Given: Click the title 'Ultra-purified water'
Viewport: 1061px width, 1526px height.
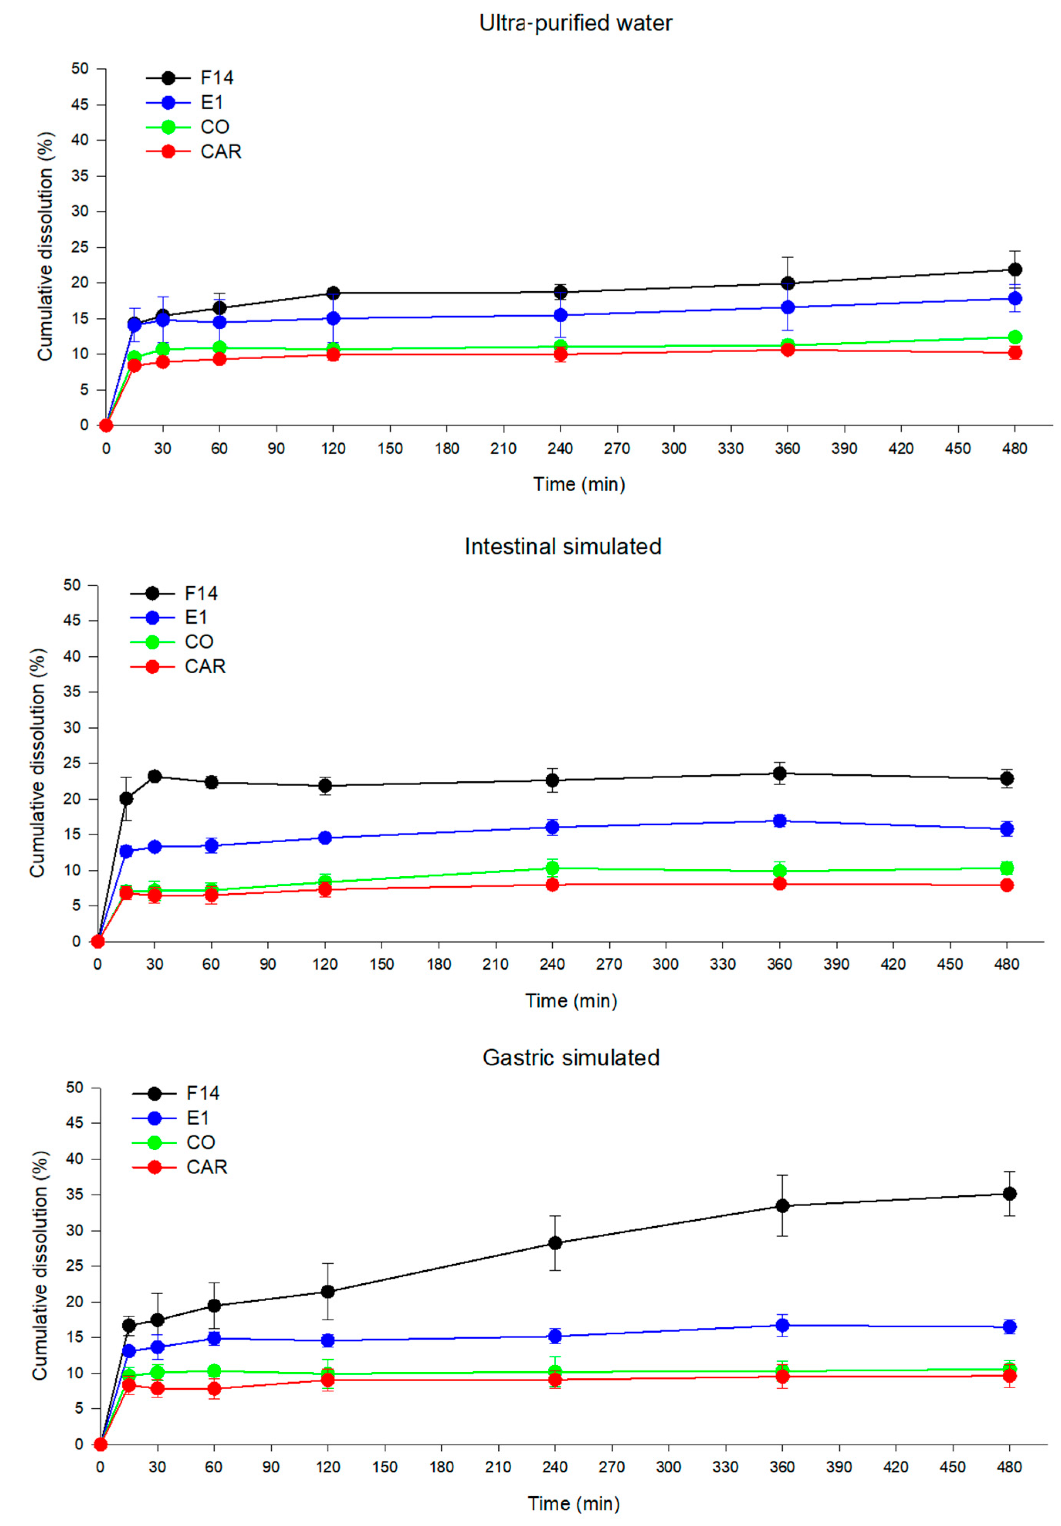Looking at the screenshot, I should pos(576,23).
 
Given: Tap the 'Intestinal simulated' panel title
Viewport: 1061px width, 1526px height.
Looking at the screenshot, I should pos(563,546).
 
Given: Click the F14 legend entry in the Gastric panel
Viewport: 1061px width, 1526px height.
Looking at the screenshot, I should pos(202,1093).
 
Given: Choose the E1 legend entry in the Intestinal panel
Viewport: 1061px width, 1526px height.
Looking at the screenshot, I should pos(196,617).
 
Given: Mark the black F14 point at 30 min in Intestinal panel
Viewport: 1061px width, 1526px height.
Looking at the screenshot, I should pos(155,776).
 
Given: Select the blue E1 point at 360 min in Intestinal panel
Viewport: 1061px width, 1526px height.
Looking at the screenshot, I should pos(780,821).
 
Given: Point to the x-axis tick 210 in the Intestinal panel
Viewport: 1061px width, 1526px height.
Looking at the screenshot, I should pos(495,964).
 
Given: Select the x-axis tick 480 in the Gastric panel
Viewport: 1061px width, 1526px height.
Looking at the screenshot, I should pos(1009,1467).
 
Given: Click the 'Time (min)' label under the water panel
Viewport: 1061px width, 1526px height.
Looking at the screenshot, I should pos(579,485).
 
